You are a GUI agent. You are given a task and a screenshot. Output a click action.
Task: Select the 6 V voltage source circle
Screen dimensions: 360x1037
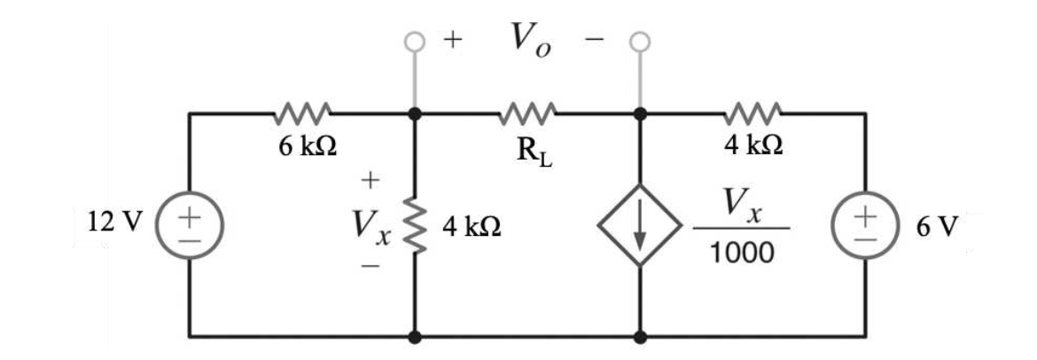866,226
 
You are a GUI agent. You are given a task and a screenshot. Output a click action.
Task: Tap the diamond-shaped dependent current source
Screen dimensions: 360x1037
639,226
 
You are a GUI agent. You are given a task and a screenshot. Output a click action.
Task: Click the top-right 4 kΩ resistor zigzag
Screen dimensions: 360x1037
752,113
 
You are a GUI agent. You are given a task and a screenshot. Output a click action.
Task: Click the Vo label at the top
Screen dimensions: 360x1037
529,39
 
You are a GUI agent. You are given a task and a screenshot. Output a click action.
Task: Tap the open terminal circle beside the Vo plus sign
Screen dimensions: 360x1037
415,41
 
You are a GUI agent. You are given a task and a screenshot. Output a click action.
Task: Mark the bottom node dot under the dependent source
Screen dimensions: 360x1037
639,337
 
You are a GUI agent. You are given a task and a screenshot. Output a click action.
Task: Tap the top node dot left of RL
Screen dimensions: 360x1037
415,113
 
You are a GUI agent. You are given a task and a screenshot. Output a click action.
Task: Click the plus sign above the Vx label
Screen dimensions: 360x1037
370,181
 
